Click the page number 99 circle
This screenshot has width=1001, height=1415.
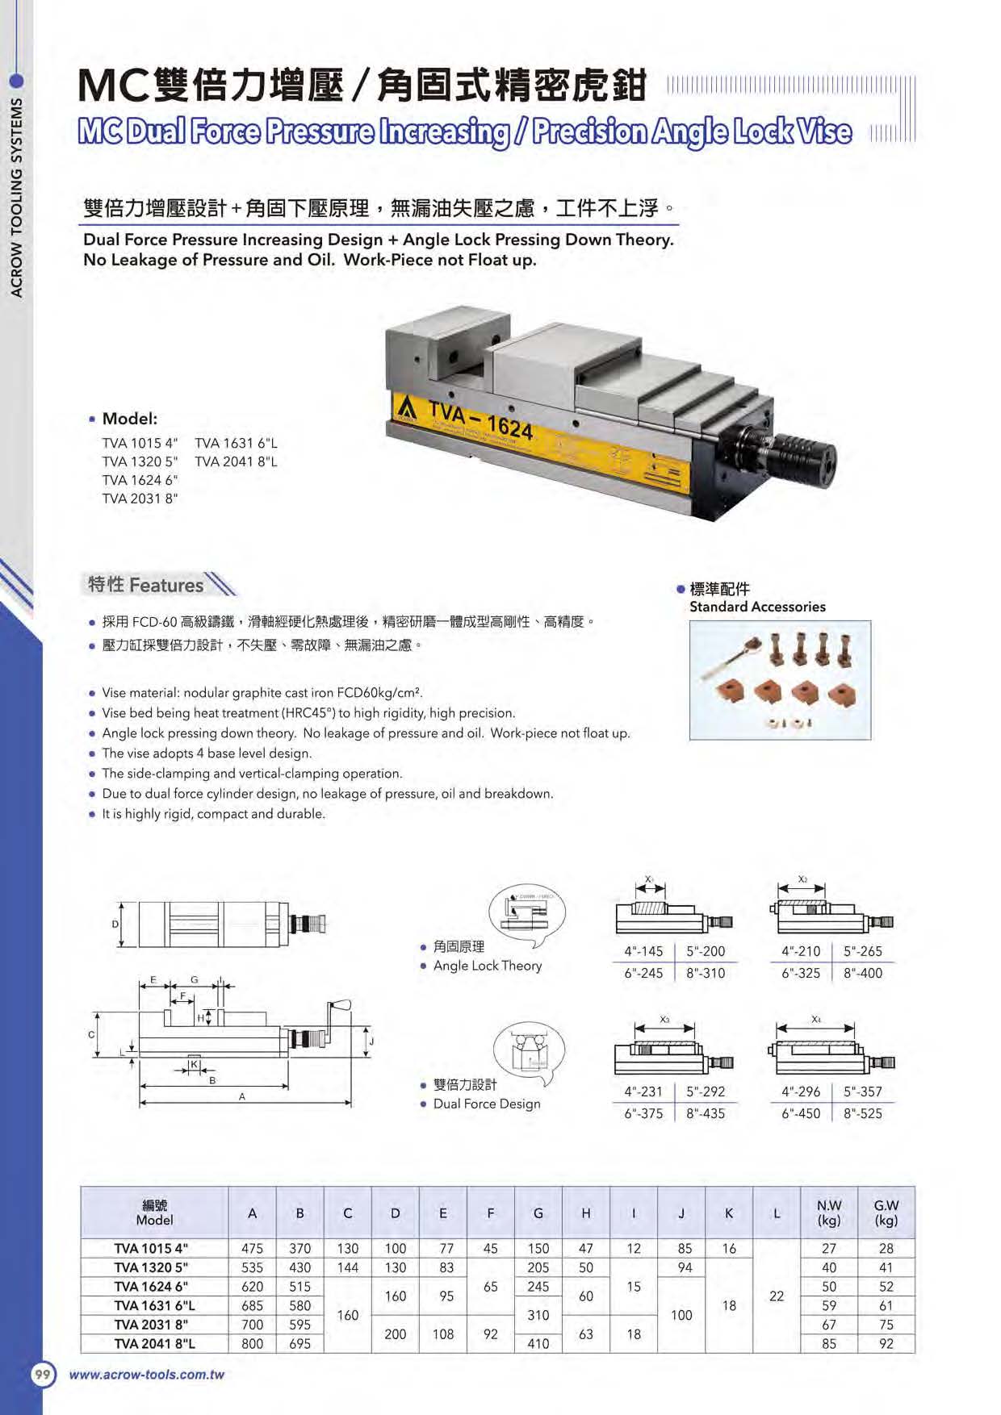click(43, 1375)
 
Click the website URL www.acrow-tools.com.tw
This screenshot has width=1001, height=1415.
click(147, 1375)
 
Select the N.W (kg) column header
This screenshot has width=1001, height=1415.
click(828, 1213)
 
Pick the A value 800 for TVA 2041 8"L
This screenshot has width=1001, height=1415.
click(252, 1344)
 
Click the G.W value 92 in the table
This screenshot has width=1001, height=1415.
click(886, 1344)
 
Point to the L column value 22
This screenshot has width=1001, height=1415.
click(776, 1296)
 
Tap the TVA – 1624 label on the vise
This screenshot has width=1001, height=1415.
click(481, 420)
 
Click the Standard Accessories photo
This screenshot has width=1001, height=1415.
click(780, 679)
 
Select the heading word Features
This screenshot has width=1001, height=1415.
click(166, 585)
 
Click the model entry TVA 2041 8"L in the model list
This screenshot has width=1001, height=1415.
click(236, 462)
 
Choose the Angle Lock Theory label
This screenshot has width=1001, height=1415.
click(488, 966)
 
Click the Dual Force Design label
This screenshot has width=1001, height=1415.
click(487, 1104)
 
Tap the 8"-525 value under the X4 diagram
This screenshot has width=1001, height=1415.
click(863, 1113)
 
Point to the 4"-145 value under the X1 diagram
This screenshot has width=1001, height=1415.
click(643, 951)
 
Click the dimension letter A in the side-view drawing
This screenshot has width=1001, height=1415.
click(241, 1096)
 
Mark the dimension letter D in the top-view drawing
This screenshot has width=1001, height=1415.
click(115, 925)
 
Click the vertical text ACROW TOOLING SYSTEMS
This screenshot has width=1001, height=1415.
click(16, 198)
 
